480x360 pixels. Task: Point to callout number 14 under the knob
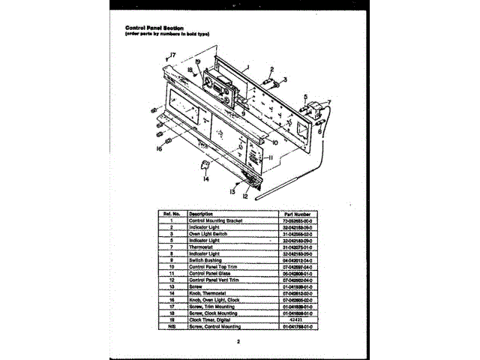pos(205,178)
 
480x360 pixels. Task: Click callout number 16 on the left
pos(159,148)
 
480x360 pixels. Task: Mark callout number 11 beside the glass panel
pos(270,158)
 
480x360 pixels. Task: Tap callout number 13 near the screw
pos(232,192)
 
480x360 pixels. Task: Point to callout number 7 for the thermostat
pos(328,101)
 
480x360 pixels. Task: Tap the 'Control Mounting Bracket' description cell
pos(217,220)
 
